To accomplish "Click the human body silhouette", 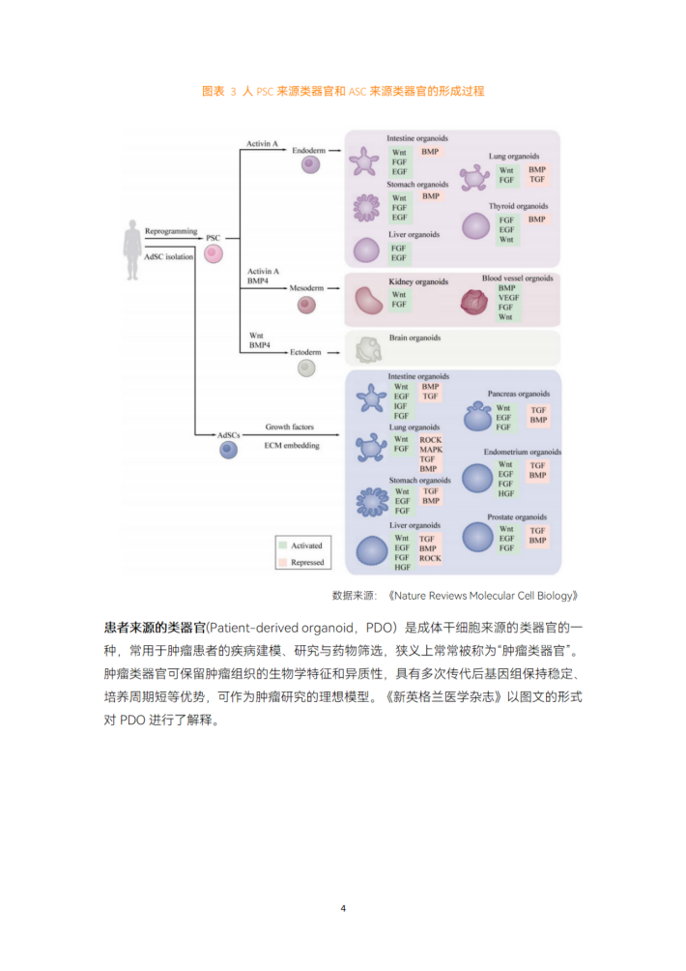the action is (131, 250).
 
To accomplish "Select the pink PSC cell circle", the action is (214, 254).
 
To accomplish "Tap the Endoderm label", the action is (308, 151).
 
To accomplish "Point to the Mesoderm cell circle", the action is (307, 305).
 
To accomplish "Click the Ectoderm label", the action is (305, 352).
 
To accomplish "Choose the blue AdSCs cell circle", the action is (229, 450).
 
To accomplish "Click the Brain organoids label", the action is (415, 338).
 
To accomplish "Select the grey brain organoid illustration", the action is (369, 350).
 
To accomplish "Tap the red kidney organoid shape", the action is (369, 301).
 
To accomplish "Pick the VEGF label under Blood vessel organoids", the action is (508, 298).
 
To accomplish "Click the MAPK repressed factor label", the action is (431, 450).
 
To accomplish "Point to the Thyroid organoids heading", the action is (519, 206).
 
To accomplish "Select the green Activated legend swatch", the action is (283, 545).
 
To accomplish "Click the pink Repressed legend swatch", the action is (283, 562).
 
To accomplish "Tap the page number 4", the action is (343, 908).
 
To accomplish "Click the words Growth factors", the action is (290, 427).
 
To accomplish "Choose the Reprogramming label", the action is (171, 231).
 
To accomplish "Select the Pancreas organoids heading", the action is (519, 394).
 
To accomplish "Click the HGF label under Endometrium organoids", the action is (506, 494).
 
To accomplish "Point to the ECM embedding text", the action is (292, 446).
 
